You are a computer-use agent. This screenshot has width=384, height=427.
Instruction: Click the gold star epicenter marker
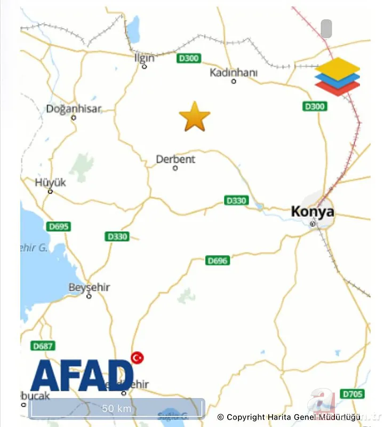(195, 117)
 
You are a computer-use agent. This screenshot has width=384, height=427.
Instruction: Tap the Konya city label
(313, 211)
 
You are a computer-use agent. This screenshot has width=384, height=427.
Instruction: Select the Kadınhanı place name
(233, 72)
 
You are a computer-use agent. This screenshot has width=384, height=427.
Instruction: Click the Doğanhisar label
(74, 109)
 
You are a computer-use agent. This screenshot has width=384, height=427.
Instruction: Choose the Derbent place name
(175, 159)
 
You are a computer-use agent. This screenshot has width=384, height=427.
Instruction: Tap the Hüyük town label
(51, 183)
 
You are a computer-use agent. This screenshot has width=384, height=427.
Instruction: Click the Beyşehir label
(89, 287)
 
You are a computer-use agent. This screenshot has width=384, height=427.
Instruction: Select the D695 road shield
(58, 226)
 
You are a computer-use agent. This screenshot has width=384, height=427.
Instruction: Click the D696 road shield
(218, 260)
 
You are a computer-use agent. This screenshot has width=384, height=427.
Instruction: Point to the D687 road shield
(43, 346)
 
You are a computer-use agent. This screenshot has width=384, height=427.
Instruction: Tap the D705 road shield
(352, 394)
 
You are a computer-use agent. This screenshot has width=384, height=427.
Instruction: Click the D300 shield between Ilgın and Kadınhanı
(189, 58)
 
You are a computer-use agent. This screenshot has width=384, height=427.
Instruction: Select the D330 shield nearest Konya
(236, 201)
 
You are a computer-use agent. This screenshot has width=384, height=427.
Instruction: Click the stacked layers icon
(337, 77)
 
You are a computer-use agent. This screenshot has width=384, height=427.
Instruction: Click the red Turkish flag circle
(138, 357)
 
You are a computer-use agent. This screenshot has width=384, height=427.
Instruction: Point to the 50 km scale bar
(117, 408)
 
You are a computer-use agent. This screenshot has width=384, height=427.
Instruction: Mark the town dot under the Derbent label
(175, 169)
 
